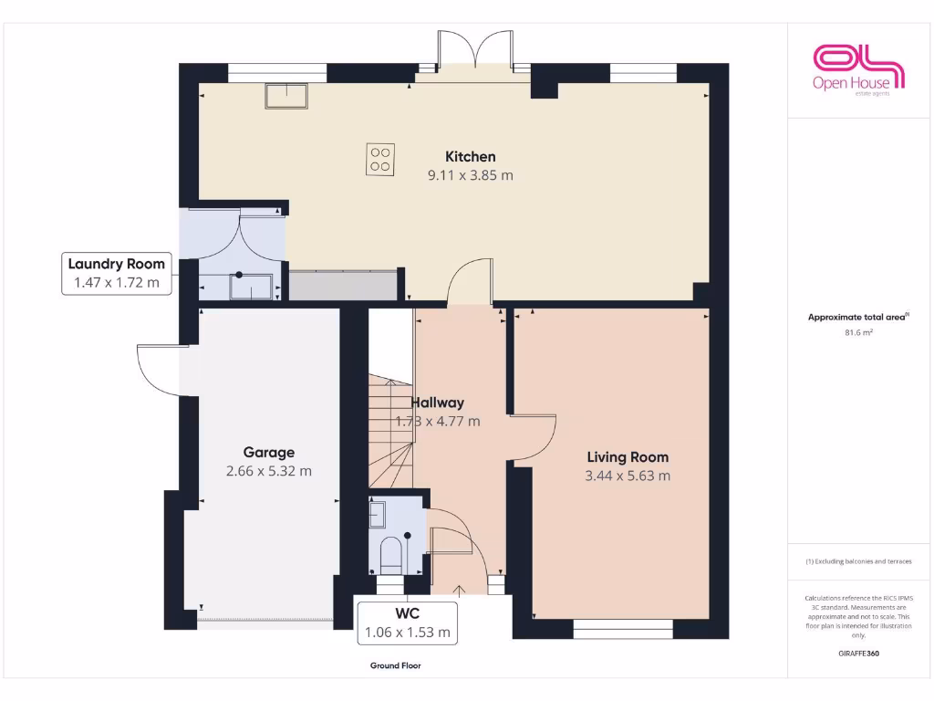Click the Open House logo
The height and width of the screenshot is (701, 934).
click(x=858, y=70)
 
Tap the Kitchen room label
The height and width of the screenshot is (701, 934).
click(x=470, y=157)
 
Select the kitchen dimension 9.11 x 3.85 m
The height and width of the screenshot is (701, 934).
click(x=470, y=175)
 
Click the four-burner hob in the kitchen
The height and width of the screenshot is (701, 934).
click(x=381, y=160)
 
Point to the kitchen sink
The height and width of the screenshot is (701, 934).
click(x=287, y=95)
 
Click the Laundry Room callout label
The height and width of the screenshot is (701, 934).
click(x=116, y=273)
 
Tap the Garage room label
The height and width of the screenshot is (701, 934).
click(x=268, y=453)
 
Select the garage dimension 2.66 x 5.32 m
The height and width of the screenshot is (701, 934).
click(x=268, y=471)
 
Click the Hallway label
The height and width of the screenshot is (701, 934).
click(x=438, y=403)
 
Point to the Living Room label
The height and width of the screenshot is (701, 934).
click(x=628, y=457)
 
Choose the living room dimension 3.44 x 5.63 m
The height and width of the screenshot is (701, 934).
click(x=628, y=476)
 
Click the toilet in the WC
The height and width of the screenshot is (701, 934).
click(x=390, y=553)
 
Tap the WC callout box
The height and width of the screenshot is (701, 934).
click(x=407, y=621)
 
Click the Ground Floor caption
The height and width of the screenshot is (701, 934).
click(x=395, y=666)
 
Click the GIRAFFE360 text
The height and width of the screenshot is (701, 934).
click(x=858, y=654)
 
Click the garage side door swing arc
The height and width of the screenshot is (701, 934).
click(x=157, y=370)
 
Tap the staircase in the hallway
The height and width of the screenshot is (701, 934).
click(x=390, y=429)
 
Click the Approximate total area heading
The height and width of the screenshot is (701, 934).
click(x=858, y=318)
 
